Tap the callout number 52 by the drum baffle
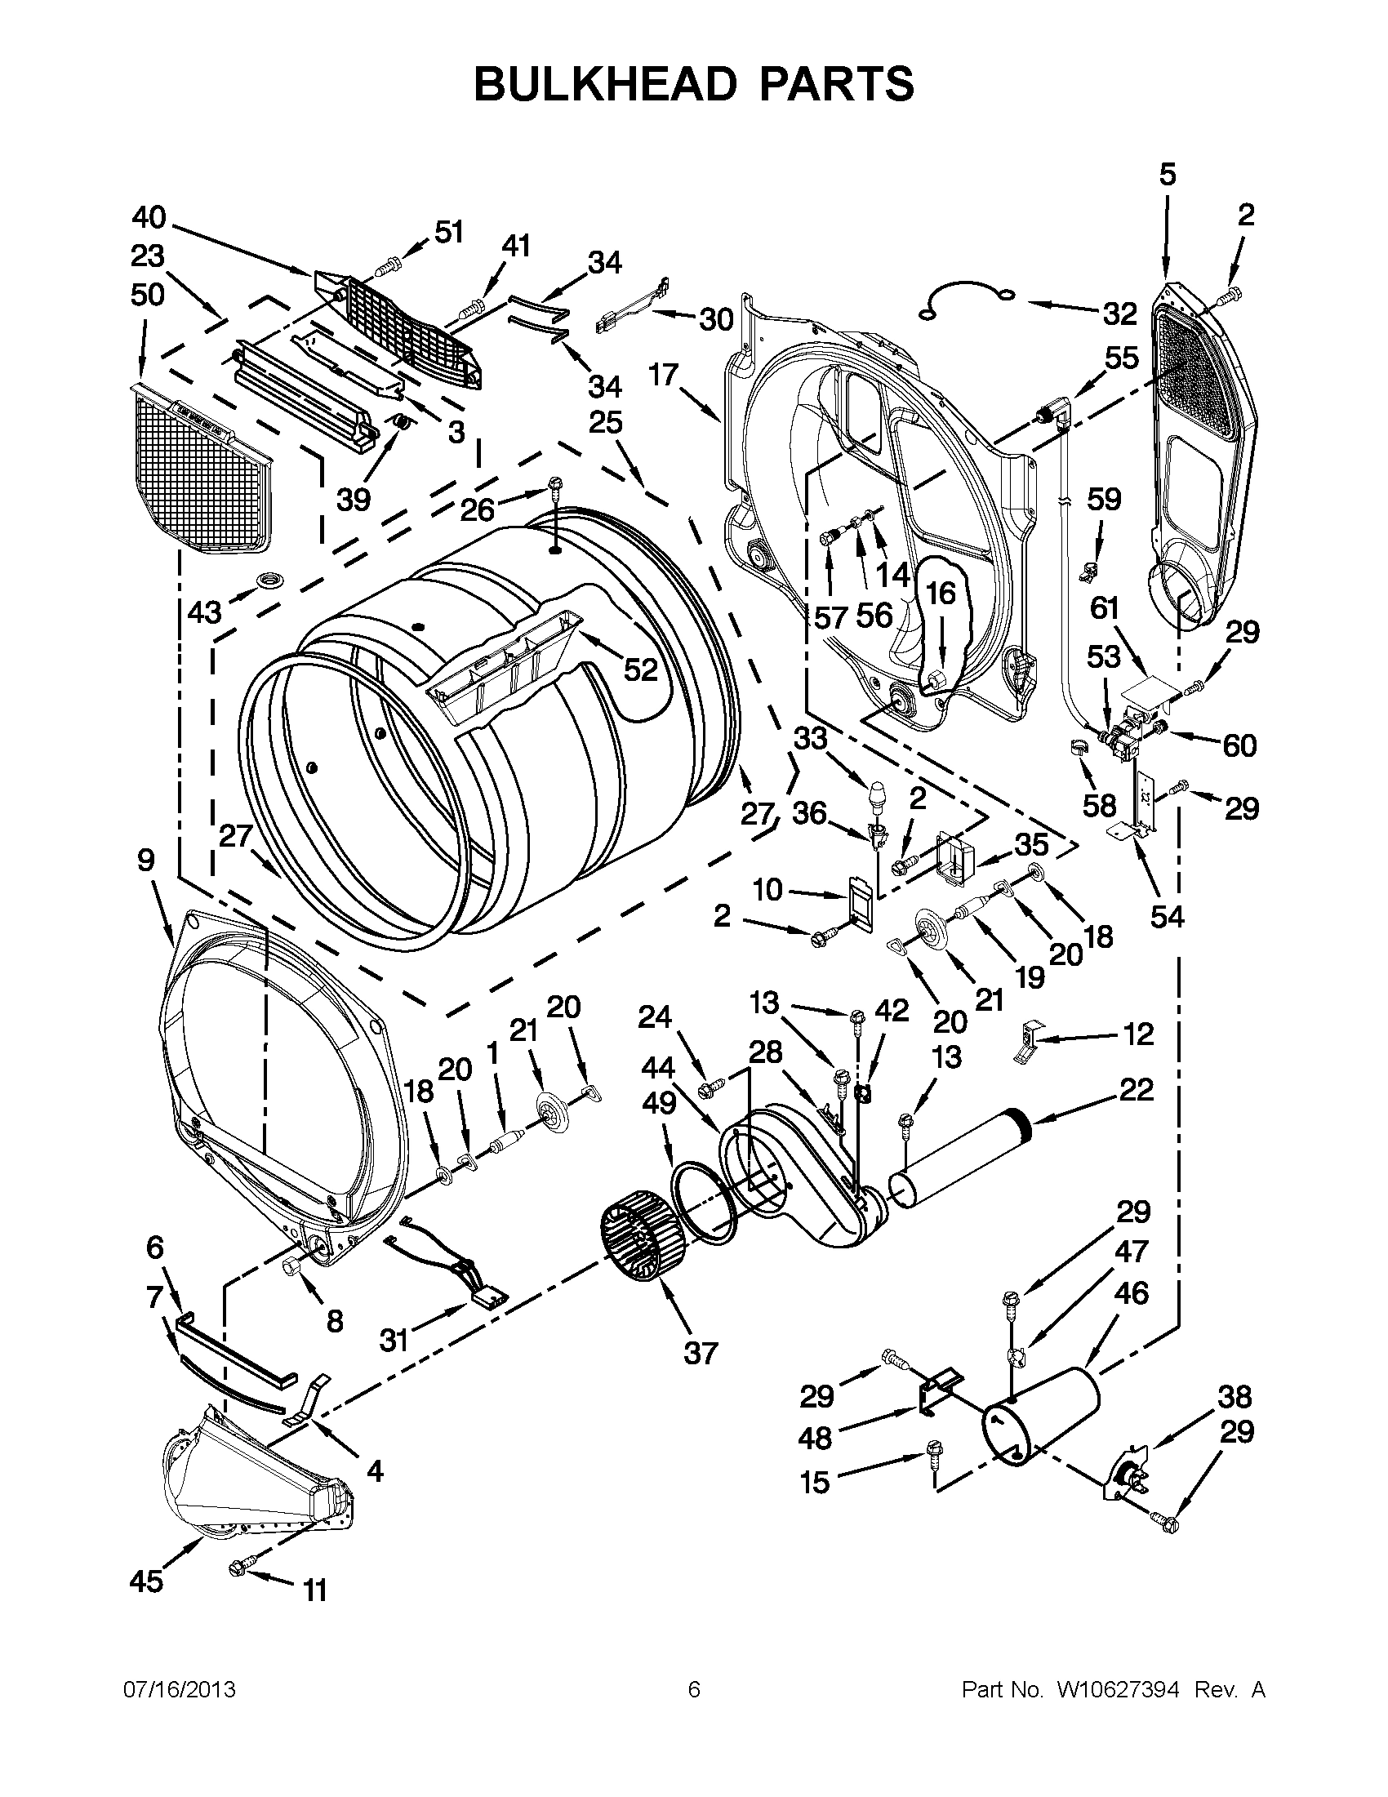[x=640, y=669]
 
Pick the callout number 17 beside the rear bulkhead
[x=663, y=376]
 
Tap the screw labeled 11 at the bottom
[x=239, y=1568]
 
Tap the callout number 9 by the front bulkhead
[x=145, y=861]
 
